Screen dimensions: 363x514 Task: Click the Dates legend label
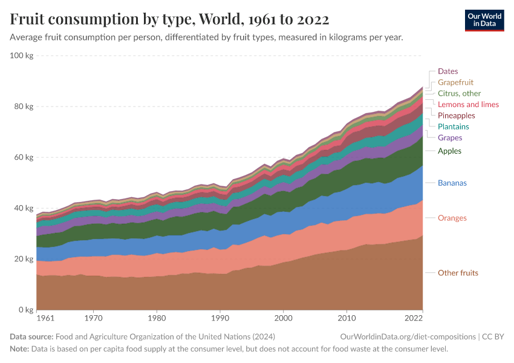[x=447, y=71]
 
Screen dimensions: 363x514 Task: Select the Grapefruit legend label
[x=455, y=82]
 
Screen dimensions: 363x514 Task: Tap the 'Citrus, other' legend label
[x=459, y=93]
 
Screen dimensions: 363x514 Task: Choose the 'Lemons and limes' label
[x=468, y=105]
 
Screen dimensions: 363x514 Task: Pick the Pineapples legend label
[x=457, y=116]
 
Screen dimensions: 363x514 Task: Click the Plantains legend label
[x=453, y=126]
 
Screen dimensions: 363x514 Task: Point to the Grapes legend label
[x=450, y=138]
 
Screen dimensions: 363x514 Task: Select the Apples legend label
[x=449, y=151]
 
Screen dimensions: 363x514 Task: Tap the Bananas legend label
[x=452, y=183]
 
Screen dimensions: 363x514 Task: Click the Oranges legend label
[x=452, y=218]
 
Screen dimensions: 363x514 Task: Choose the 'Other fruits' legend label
[x=458, y=273]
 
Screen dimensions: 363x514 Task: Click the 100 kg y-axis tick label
[x=22, y=56]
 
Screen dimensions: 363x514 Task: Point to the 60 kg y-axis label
[x=24, y=157]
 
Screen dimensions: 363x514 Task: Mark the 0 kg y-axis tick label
[x=26, y=310]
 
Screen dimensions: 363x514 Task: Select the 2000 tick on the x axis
[x=284, y=318]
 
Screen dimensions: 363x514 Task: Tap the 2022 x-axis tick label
[x=413, y=318]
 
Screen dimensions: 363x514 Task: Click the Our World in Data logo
[x=484, y=19]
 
